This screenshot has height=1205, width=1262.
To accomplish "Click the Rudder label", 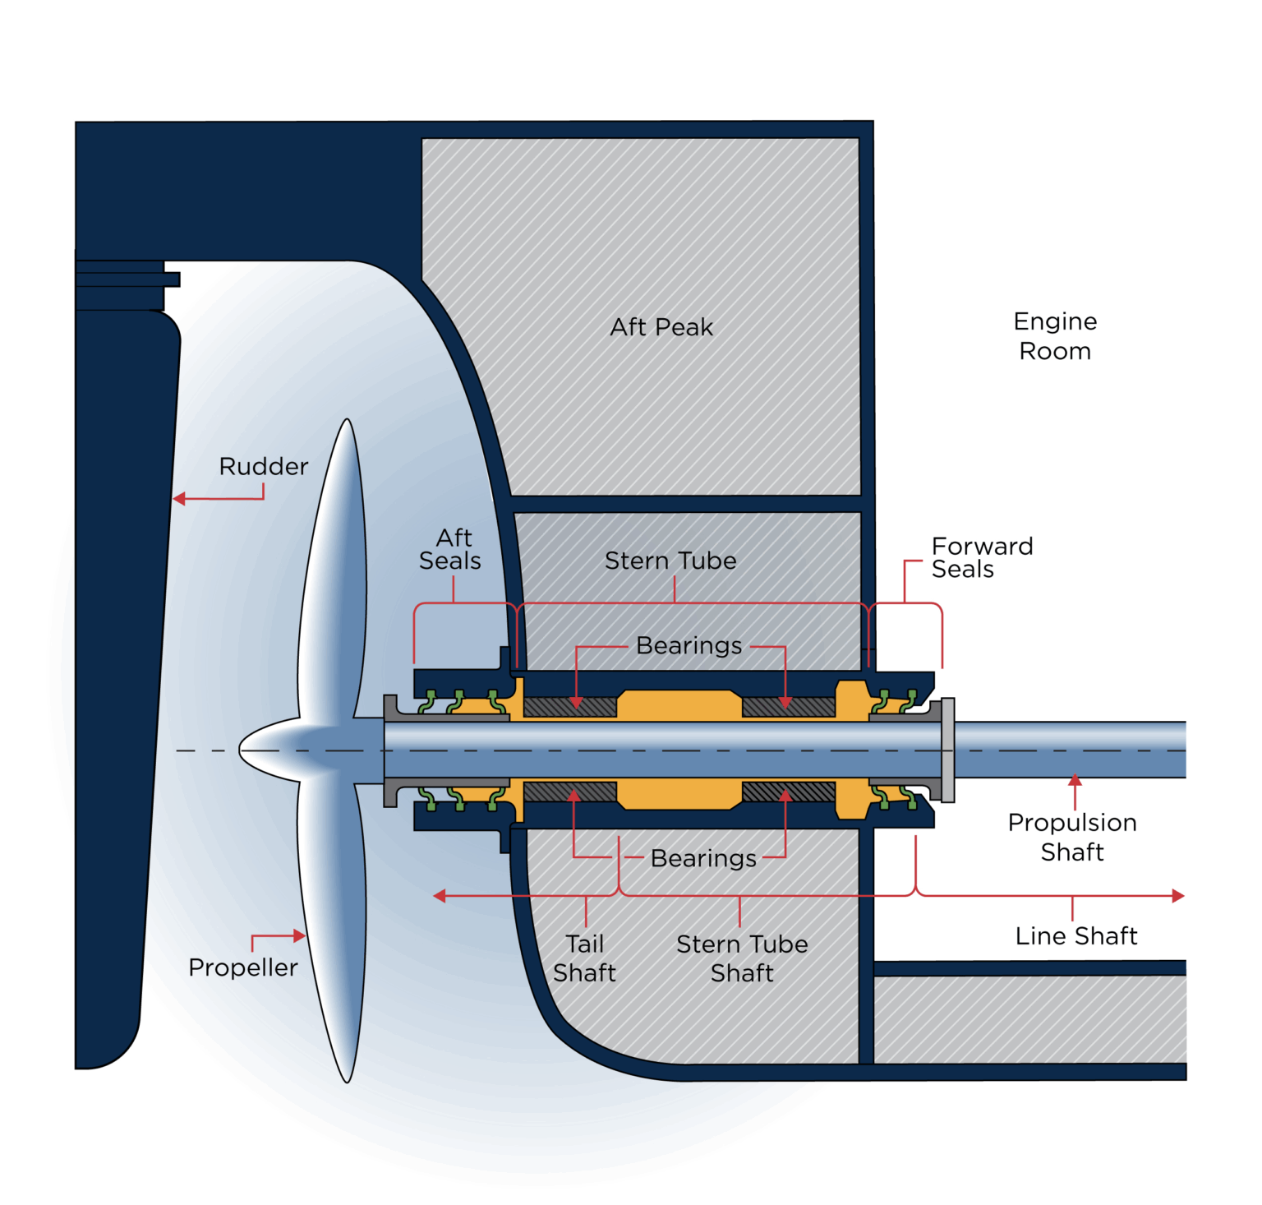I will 263,466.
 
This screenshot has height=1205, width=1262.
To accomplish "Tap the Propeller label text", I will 242,967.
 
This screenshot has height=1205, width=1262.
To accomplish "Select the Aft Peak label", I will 661,327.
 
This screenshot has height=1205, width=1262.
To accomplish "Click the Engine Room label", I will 1055,335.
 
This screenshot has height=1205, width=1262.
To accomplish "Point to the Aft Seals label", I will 450,549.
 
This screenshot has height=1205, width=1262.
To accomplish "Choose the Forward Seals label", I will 981,557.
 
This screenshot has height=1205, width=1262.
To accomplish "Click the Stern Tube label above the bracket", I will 670,561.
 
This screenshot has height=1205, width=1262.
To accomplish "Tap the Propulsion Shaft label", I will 1072,837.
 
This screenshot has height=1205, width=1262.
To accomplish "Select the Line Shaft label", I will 1075,935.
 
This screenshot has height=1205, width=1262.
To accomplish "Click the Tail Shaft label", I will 584,958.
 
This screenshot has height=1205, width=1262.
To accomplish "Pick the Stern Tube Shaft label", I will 742,958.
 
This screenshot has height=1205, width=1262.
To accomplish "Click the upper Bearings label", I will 689,646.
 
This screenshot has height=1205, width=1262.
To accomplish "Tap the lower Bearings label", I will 703,858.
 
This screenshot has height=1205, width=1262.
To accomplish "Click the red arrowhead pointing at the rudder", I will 179,498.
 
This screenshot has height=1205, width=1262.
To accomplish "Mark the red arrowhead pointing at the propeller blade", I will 300,935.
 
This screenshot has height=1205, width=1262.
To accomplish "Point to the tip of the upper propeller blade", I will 348,423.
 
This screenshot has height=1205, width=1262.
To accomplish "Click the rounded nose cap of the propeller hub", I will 246,750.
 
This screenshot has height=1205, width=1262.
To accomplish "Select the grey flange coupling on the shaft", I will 947,750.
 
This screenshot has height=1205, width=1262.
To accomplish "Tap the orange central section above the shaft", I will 679,704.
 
